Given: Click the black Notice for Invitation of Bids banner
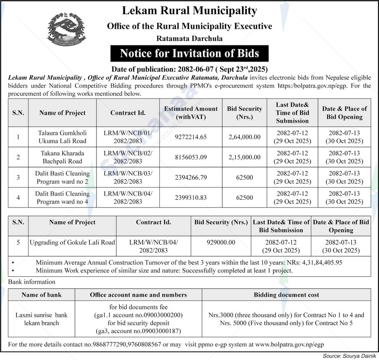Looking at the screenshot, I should [189, 53].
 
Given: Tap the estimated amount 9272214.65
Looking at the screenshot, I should [191, 137].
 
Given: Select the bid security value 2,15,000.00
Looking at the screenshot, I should [244, 157].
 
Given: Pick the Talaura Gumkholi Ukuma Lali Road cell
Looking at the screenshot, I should [62, 137].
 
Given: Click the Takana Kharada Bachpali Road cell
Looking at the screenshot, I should [62, 157].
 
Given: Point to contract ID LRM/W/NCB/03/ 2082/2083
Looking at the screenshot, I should [128, 177].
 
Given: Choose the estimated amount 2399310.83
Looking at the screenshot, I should [191, 198].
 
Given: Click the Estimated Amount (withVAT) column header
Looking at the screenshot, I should [191, 113].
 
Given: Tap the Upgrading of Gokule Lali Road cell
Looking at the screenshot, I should [72, 243].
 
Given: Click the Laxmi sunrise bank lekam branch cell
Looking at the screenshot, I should [41, 319].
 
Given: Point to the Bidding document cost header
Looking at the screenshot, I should [286, 295].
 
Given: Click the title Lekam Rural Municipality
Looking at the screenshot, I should [189, 11].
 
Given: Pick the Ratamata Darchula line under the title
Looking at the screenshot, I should [189, 39].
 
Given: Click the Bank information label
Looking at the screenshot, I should [32, 282].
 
